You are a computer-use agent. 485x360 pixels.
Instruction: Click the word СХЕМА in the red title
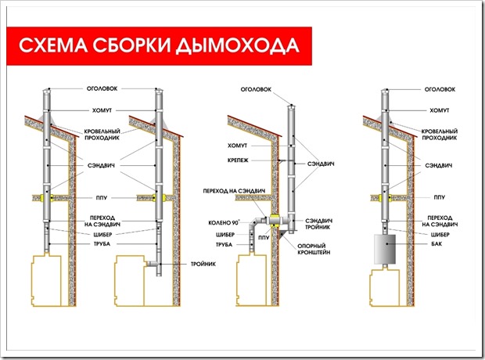(x=52, y=45)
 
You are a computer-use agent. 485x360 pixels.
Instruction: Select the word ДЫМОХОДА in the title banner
(x=238, y=46)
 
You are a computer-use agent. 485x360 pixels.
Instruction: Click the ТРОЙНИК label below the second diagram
(x=203, y=264)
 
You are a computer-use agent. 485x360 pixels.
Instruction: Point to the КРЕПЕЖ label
(x=238, y=160)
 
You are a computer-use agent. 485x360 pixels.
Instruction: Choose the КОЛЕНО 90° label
(x=224, y=222)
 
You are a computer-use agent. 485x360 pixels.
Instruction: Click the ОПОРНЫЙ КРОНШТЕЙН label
(x=314, y=249)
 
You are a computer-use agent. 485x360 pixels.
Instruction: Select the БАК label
(x=436, y=244)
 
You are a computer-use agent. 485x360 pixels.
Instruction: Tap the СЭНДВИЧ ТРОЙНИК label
(x=318, y=224)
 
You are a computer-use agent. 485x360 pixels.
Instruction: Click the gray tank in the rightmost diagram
(x=385, y=249)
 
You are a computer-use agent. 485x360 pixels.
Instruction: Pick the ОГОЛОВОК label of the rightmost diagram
(x=440, y=89)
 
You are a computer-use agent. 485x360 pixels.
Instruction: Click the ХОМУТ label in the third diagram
(x=237, y=146)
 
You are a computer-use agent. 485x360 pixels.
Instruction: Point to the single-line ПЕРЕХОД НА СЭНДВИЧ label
(x=234, y=191)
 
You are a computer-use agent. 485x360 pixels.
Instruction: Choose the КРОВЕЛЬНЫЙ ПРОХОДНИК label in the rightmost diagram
(x=440, y=135)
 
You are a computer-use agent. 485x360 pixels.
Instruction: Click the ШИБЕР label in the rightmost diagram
(x=440, y=235)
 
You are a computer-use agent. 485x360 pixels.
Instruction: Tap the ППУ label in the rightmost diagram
(x=439, y=197)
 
